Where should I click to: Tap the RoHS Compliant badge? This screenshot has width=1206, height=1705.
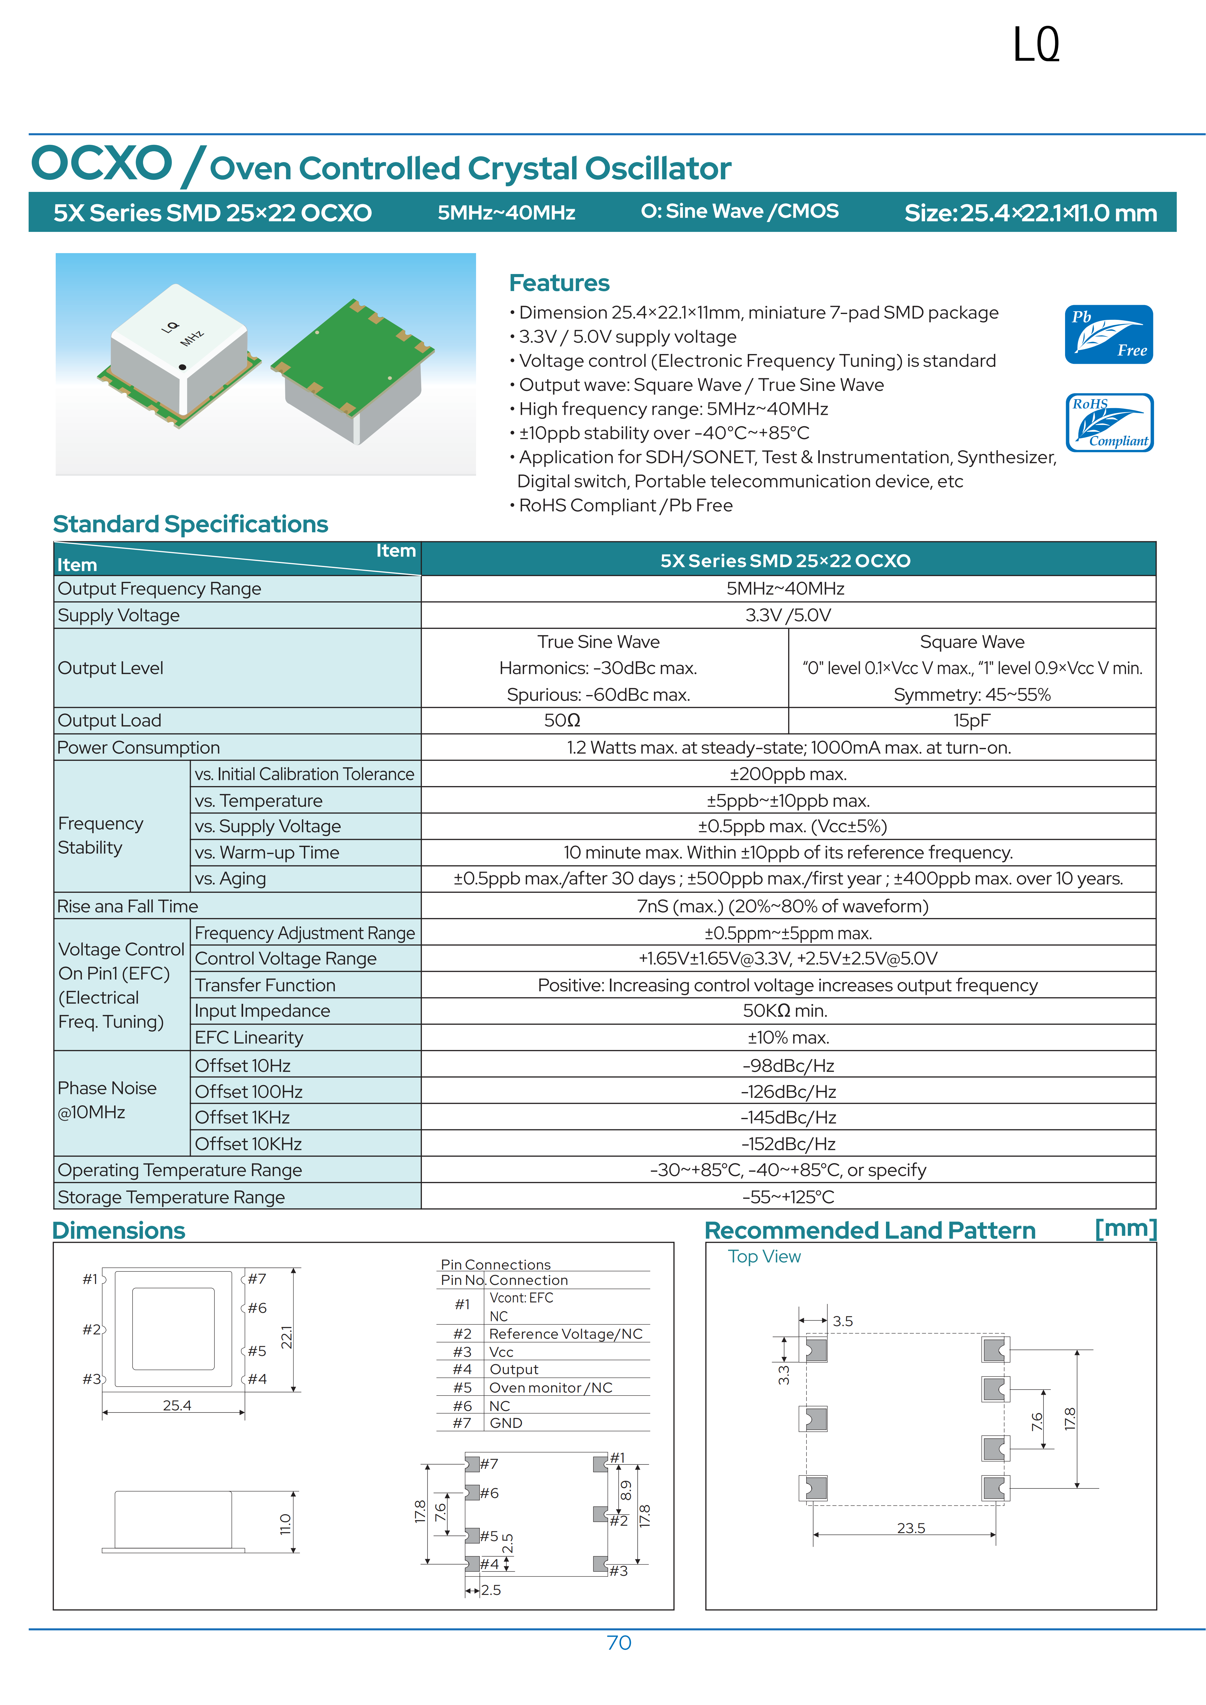(1109, 423)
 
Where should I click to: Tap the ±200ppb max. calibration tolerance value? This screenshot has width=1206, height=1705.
(788, 774)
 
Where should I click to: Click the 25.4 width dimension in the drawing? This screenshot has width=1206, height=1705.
(177, 1405)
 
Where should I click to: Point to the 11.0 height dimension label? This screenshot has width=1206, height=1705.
(285, 1524)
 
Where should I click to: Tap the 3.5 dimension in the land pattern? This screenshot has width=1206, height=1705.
(843, 1321)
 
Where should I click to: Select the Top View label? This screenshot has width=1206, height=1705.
(764, 1257)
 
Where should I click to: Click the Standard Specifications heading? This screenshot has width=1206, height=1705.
(190, 524)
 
